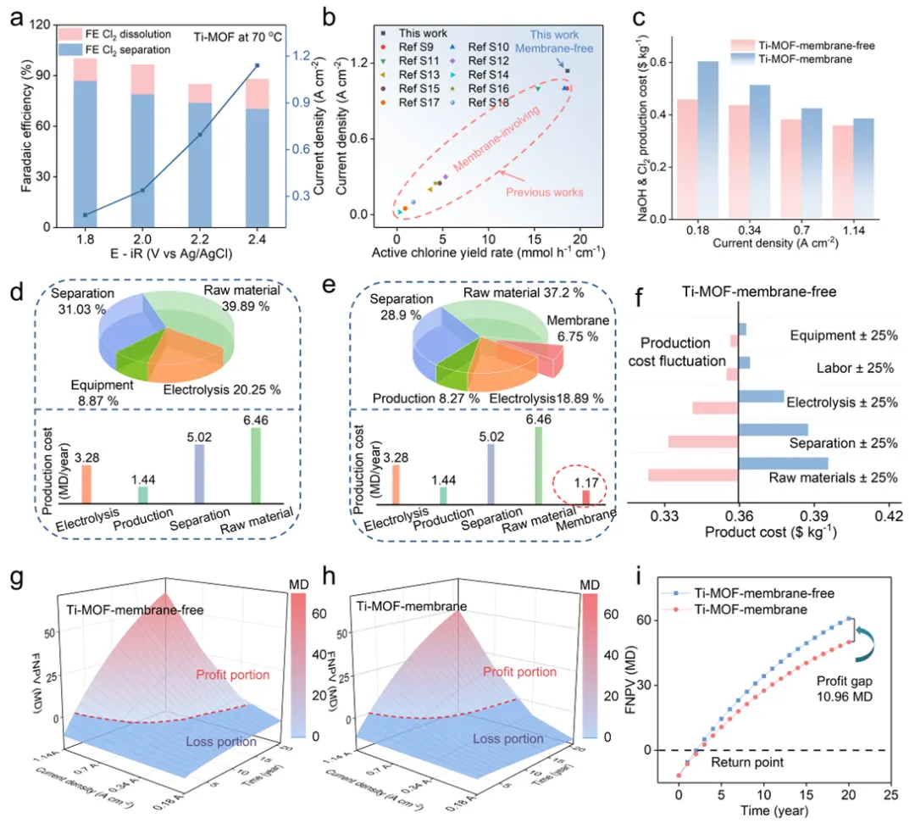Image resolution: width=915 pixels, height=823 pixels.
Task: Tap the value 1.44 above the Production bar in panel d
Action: [x=142, y=478]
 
